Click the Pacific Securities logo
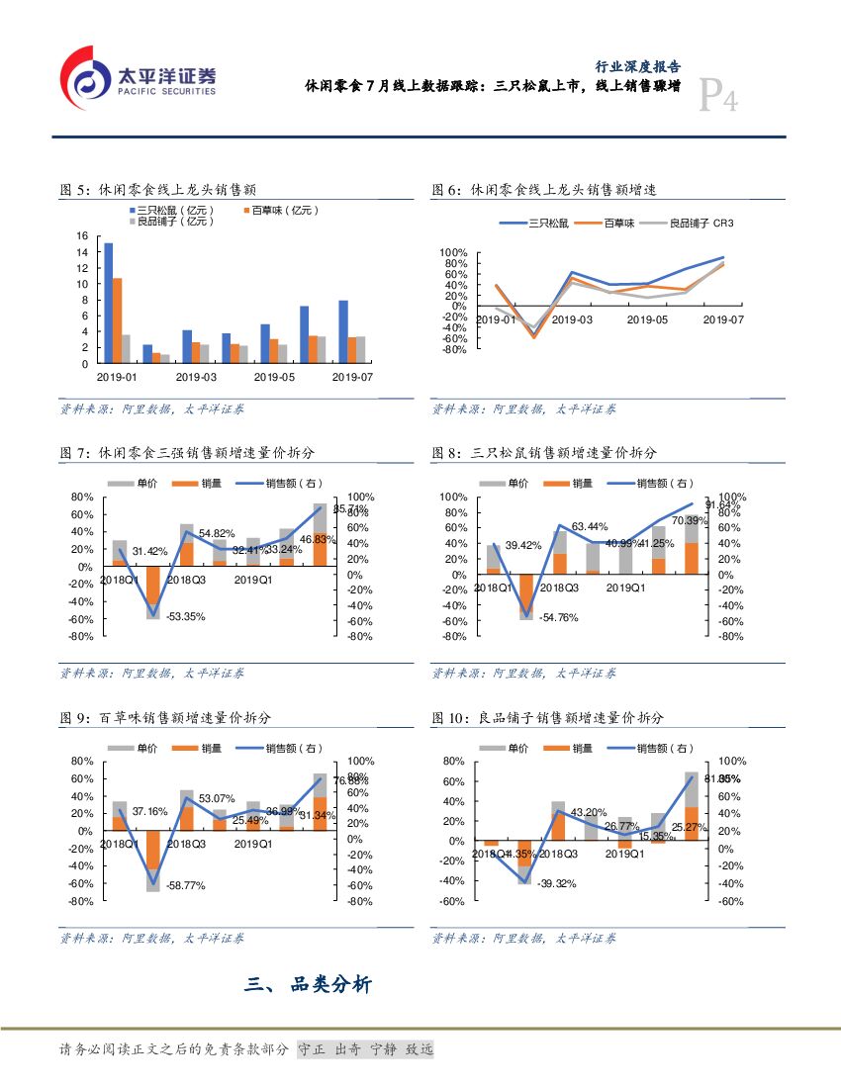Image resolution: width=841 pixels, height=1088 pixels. pos(138,78)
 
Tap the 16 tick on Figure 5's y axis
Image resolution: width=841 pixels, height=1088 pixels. pos(82,236)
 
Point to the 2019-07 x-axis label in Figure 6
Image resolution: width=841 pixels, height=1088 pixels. pos(722,319)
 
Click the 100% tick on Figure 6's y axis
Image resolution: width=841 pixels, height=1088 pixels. pos(453,253)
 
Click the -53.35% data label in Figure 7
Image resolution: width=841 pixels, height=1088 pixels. pos(185,616)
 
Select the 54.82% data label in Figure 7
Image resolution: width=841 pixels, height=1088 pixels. pos(217,534)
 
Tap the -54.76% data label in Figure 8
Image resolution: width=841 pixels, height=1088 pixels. pos(558,617)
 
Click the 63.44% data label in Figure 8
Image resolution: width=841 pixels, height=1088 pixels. pos(590,526)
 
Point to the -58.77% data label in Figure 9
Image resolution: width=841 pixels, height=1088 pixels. pos(185,885)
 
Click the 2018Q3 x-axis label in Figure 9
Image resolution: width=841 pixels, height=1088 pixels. pos(186,844)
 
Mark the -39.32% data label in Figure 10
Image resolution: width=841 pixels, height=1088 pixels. pos(558,883)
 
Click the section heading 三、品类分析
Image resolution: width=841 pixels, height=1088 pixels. pos(309,984)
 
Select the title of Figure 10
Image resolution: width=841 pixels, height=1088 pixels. pos(548,717)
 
